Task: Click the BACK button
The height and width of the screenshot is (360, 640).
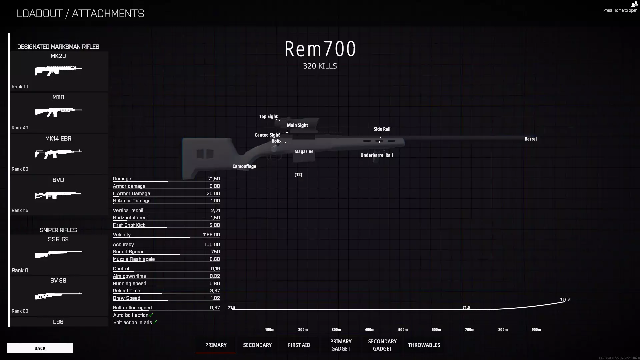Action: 40,348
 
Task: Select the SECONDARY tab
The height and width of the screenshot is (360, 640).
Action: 257,345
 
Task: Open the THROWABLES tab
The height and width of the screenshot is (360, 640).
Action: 424,345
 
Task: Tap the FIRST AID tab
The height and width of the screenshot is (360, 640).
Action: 299,345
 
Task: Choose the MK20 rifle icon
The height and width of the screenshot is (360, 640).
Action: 58,71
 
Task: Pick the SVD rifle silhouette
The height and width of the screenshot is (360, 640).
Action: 58,195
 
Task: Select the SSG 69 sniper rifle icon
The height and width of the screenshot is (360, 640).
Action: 58,254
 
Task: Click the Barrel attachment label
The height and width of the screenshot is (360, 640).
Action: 531,139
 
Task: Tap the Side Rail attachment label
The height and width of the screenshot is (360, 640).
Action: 382,129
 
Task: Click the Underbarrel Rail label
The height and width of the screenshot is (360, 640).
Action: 377,155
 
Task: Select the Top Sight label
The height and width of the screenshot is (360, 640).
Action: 268,117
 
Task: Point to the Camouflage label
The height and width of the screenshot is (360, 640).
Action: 244,166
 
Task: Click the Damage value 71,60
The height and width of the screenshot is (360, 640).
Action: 214,179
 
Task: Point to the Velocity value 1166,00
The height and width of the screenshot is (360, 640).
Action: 211,235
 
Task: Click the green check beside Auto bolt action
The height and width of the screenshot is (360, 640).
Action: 151,315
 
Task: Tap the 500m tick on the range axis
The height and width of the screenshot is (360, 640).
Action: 403,330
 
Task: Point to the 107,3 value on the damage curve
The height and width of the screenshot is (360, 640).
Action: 565,299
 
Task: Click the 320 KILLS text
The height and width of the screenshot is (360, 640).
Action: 320,66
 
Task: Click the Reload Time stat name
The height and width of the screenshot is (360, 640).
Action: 127,291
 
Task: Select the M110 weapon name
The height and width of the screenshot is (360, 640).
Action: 58,97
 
